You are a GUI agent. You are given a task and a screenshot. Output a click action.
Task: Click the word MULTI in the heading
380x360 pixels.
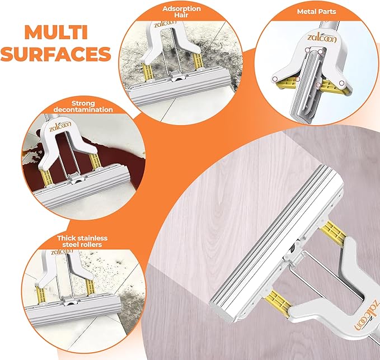56,32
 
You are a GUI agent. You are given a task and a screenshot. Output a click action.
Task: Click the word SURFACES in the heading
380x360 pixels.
56,54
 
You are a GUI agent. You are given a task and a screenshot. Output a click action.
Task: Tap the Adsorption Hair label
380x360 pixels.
181,12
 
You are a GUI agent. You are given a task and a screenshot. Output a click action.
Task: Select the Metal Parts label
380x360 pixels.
317,11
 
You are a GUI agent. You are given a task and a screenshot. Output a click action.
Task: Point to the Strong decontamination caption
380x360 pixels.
83,107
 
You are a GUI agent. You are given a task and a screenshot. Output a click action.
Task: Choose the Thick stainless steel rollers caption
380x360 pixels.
82,241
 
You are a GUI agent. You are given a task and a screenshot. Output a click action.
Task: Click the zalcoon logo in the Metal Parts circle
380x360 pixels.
322,37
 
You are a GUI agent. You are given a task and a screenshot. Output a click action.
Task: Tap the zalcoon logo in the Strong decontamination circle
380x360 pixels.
60,126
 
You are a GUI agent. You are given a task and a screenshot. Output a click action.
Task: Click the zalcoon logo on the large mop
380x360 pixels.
367,314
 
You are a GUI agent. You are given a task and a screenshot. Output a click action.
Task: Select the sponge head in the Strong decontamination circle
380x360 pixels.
82,184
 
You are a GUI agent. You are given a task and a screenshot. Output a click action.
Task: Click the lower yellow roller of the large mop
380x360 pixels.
278,301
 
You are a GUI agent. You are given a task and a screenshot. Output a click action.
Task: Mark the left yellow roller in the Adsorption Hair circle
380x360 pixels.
147,71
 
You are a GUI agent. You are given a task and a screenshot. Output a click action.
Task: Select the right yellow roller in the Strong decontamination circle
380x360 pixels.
95,162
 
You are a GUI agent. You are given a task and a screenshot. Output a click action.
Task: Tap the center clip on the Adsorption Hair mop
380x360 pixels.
177,77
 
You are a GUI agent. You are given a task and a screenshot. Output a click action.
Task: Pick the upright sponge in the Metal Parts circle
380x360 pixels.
307,86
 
